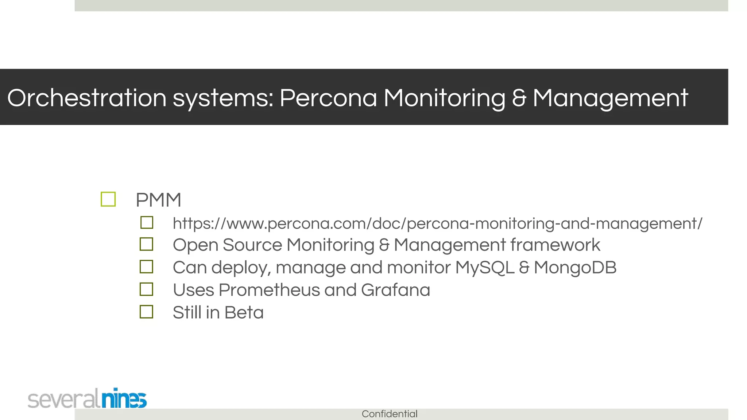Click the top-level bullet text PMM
click(x=158, y=200)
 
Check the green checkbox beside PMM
click(x=108, y=199)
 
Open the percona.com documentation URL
click(x=437, y=223)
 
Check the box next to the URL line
click(x=147, y=222)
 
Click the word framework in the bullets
click(x=555, y=245)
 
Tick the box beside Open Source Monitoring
click(x=147, y=244)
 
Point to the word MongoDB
click(x=575, y=267)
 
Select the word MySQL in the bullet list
click(x=484, y=267)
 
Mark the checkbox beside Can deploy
click(x=147, y=267)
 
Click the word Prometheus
click(x=269, y=290)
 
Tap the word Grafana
click(x=395, y=290)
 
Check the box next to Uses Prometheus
click(x=147, y=289)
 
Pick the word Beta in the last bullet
click(x=244, y=312)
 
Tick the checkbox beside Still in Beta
click(x=147, y=312)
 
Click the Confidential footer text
click(x=389, y=414)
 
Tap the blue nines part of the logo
click(x=124, y=398)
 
